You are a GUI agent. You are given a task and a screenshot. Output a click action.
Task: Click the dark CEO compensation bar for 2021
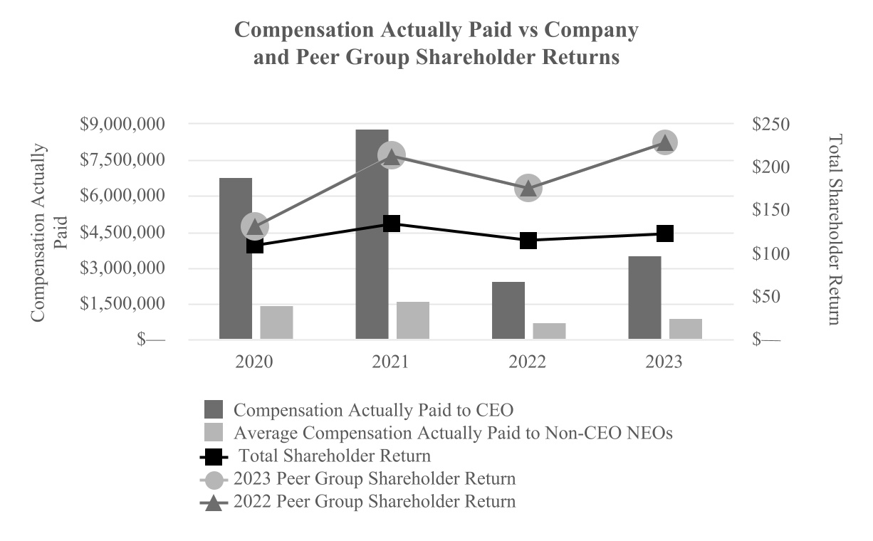pos(372,234)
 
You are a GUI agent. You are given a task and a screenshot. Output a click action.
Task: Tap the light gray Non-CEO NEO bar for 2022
pos(550,331)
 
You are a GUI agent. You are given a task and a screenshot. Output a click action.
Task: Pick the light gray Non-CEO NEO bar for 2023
pos(686,329)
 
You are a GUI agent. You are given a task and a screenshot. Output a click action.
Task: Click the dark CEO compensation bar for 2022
pos(508,310)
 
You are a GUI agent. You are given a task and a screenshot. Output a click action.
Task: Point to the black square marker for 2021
pos(392,224)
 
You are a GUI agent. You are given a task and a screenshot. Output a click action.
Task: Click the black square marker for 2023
pos(665,233)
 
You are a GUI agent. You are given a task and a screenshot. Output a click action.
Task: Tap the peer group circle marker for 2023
pos(665,142)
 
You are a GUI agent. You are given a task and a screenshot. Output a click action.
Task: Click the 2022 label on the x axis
pos(528,362)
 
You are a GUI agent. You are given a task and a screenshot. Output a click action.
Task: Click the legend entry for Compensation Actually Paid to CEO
pos(373,410)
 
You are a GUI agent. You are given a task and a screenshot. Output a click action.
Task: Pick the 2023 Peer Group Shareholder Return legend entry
pos(374,478)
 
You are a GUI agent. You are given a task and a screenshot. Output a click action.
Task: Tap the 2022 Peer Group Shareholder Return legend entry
pos(374,500)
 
